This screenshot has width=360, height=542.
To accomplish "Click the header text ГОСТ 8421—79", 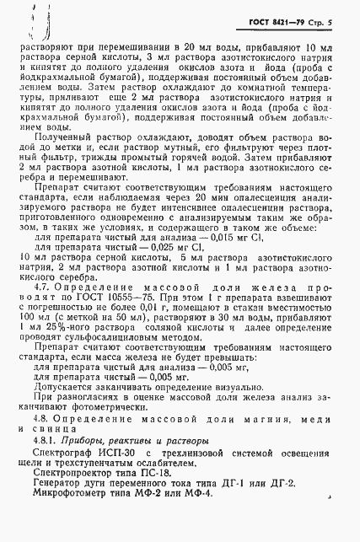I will point(285,22).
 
